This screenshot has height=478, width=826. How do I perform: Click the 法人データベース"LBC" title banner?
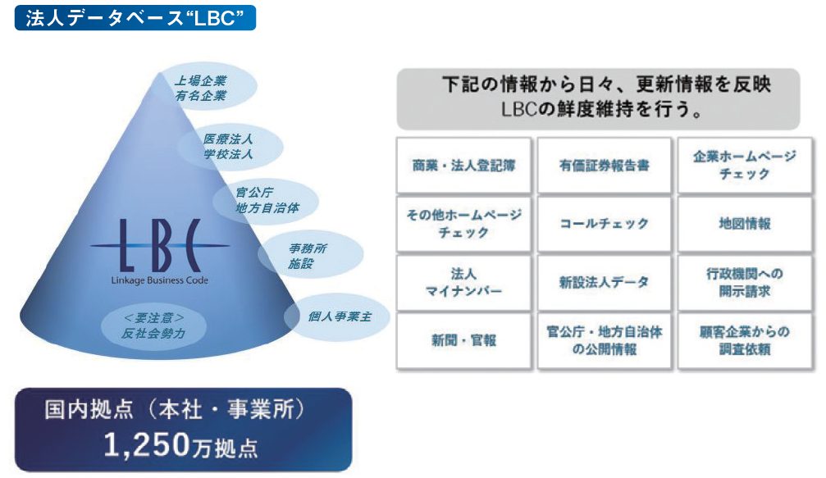135,18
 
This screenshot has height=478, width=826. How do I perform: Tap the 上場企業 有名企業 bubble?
207,88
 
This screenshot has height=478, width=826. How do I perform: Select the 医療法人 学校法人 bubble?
231,146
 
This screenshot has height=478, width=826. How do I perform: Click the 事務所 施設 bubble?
310,255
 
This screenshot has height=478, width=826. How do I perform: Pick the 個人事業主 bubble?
337,317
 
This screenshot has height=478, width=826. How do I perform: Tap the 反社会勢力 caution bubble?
153,325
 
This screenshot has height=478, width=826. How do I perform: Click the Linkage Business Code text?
160,280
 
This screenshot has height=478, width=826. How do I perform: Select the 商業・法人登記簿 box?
463,166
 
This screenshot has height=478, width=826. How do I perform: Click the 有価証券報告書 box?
605,166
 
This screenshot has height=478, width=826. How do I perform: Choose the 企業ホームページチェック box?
745,166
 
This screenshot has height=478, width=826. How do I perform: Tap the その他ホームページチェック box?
463,224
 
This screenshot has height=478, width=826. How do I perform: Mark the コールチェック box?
605,224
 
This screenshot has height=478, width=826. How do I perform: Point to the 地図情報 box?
745,224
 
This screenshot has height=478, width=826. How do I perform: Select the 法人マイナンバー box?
463,283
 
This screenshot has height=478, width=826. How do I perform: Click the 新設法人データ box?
605,283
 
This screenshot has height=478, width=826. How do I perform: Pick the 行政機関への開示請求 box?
745,283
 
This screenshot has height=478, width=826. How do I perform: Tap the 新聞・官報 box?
463,340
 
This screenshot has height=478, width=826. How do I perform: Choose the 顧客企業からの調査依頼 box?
745,340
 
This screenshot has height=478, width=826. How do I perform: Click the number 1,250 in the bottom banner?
146,445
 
